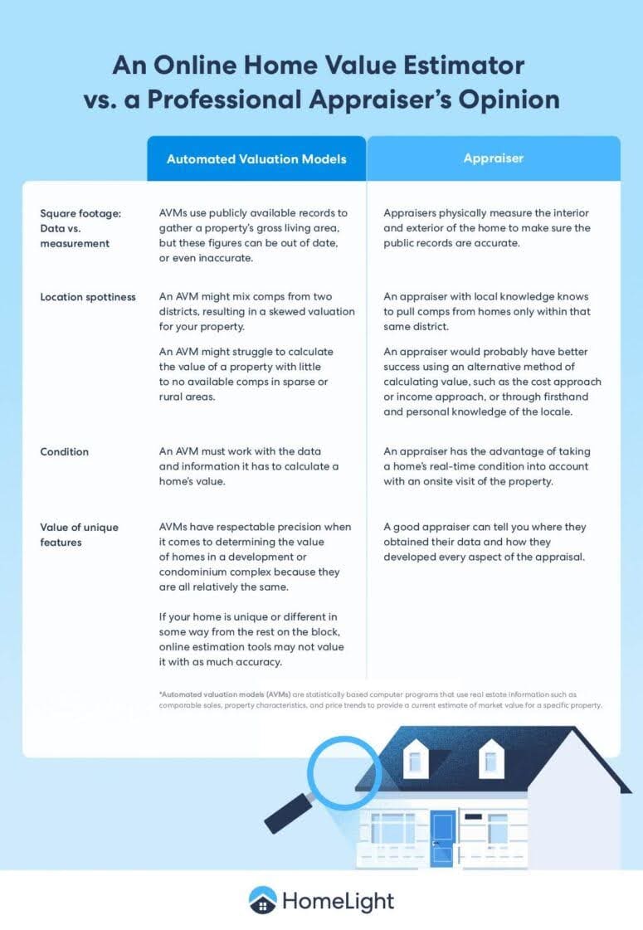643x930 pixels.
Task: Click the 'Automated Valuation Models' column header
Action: pyautogui.click(x=256, y=158)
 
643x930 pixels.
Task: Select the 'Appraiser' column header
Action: pyautogui.click(x=494, y=158)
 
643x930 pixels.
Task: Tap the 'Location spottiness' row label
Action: pyautogui.click(x=88, y=297)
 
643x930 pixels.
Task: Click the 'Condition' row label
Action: pyautogui.click(x=65, y=452)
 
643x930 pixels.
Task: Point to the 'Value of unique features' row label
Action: pyautogui.click(x=79, y=534)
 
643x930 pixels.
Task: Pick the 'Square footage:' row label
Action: pyautogui.click(x=80, y=213)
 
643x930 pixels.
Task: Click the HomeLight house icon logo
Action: pyautogui.click(x=262, y=900)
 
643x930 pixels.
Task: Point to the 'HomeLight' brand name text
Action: pyautogui.click(x=339, y=901)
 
